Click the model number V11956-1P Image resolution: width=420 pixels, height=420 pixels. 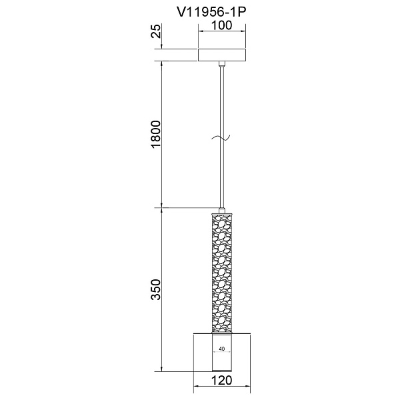click(211, 12)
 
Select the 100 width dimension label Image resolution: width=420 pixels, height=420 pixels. click(222, 25)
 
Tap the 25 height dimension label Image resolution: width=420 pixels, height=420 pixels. click(156, 31)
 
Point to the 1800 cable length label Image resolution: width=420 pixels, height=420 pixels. click(156, 134)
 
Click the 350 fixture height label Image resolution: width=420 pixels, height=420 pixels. click(156, 289)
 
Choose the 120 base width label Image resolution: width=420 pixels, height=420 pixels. click(222, 380)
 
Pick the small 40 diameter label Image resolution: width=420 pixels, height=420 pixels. click(222, 349)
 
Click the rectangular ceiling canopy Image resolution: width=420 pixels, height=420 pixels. click(222, 55)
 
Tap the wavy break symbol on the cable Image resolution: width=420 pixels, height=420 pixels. click(221, 138)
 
